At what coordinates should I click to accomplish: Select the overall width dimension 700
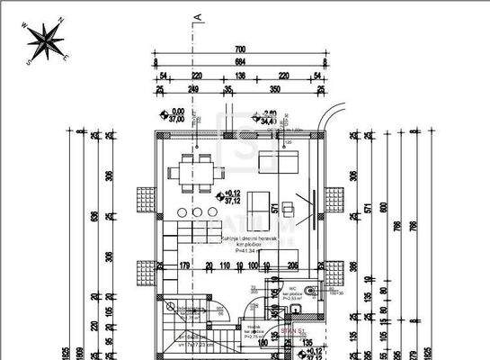[x=240, y=49]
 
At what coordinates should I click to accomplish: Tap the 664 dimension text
[x=240, y=62]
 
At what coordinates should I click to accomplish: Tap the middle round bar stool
[x=197, y=212]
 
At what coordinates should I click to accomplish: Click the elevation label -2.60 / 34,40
[x=267, y=115]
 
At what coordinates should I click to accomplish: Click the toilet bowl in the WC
[x=309, y=291]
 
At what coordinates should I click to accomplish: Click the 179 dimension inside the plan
[x=184, y=265]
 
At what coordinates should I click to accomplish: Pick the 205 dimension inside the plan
[x=292, y=265]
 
